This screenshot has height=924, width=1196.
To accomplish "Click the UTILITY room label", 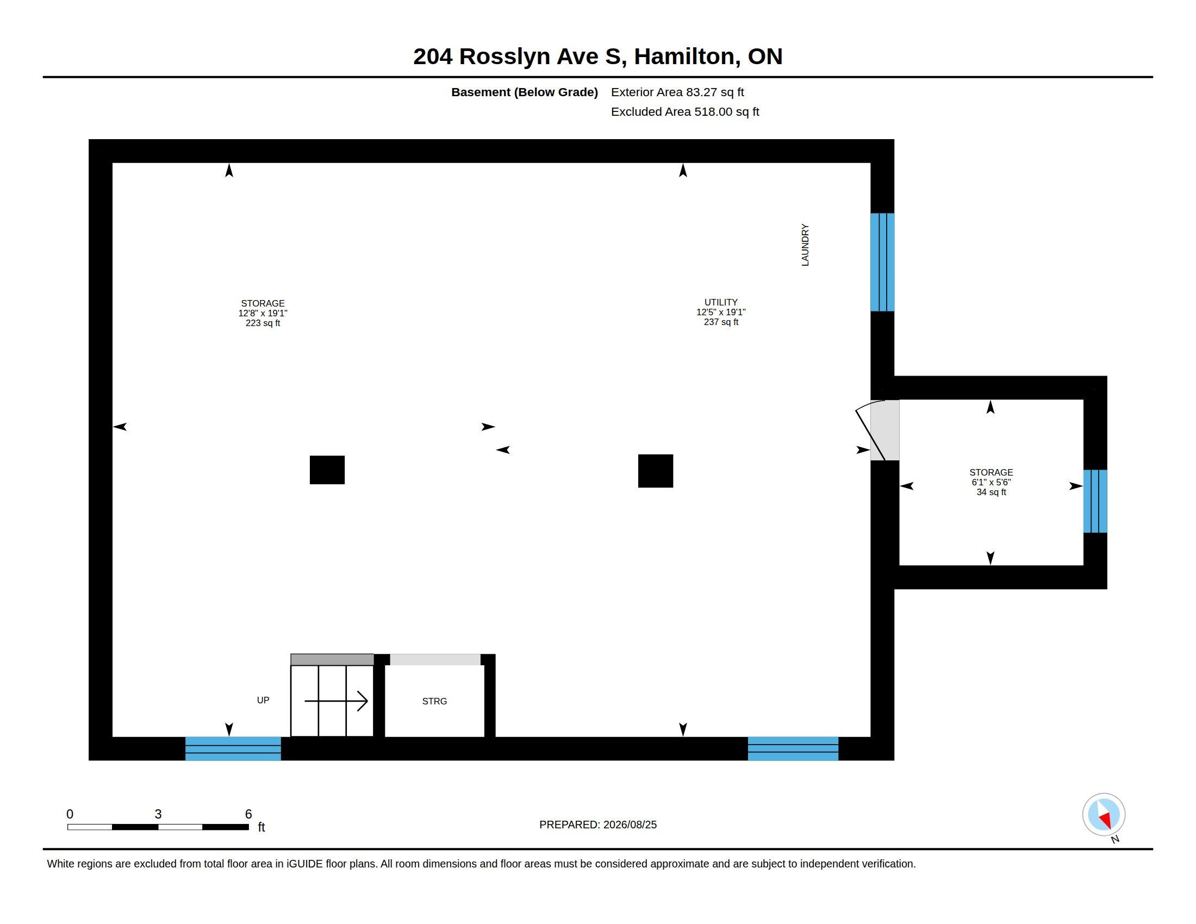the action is click(x=721, y=302).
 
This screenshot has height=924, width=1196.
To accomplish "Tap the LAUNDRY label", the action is click(x=805, y=245).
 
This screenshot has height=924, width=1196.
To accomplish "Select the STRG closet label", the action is click(x=434, y=701).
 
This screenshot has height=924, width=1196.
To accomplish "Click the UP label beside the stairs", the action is click(x=263, y=700).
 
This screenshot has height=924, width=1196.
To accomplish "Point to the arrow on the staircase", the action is click(x=335, y=701).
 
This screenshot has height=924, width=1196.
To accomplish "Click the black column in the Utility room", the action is click(x=656, y=471).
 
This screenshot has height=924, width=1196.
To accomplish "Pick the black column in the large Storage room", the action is click(x=327, y=470).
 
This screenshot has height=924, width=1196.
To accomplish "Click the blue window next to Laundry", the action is click(x=882, y=262).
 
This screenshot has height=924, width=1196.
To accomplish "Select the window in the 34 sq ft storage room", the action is click(x=1095, y=501).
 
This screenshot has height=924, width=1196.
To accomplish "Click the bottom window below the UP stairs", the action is click(x=233, y=749).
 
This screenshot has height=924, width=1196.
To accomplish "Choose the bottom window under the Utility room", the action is click(x=793, y=749).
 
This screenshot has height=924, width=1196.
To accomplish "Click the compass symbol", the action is click(x=1104, y=815).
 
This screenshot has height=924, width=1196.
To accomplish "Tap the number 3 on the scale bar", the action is click(x=158, y=814).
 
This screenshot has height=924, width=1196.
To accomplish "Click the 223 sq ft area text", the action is click(x=263, y=323).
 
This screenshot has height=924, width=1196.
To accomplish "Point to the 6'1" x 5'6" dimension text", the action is click(x=991, y=482).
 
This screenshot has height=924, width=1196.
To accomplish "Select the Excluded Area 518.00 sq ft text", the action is click(x=685, y=111).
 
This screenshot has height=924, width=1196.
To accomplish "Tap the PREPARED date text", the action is click(x=598, y=825).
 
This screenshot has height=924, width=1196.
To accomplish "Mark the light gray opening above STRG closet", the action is click(x=435, y=660).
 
